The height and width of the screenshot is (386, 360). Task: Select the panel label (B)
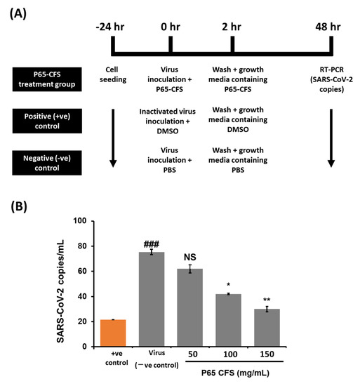(19, 208)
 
